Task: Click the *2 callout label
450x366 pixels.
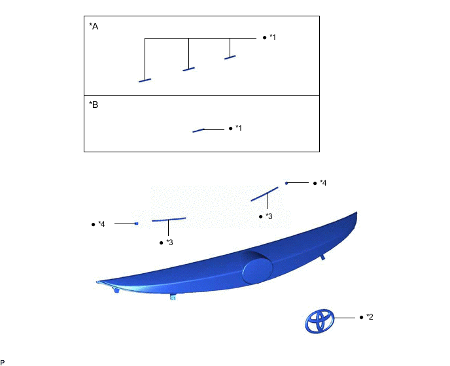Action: [370, 317]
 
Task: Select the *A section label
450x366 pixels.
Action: [94, 27]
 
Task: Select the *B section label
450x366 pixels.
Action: [94, 105]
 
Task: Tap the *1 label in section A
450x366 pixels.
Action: [273, 37]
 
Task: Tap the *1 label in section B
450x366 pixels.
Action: [239, 128]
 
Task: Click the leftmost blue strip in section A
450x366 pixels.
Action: [145, 80]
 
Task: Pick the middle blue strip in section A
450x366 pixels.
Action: [189, 68]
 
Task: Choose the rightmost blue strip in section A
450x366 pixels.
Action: [230, 58]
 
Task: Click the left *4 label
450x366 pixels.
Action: [101, 224]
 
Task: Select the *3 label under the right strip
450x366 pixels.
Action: [269, 216]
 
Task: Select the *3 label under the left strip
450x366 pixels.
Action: [169, 242]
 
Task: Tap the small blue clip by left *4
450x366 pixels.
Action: [136, 224]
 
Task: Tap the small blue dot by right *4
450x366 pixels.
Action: [286, 183]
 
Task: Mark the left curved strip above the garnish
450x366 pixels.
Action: [169, 220]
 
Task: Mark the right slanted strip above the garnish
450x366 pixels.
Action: [265, 194]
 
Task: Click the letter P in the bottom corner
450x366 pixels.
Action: [3, 361]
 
